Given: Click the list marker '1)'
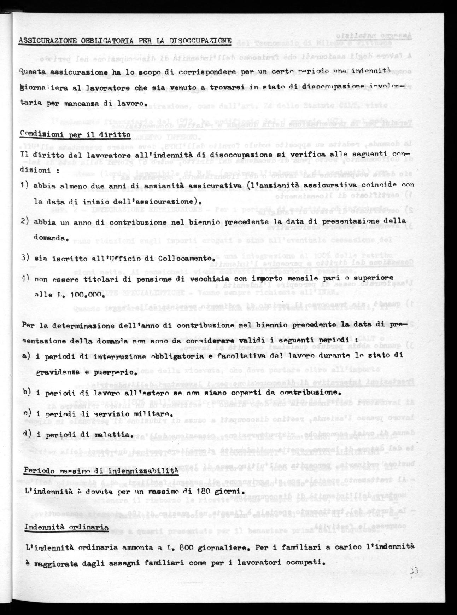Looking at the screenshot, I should [x=25, y=185].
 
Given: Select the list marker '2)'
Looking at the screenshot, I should [x=25, y=221].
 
